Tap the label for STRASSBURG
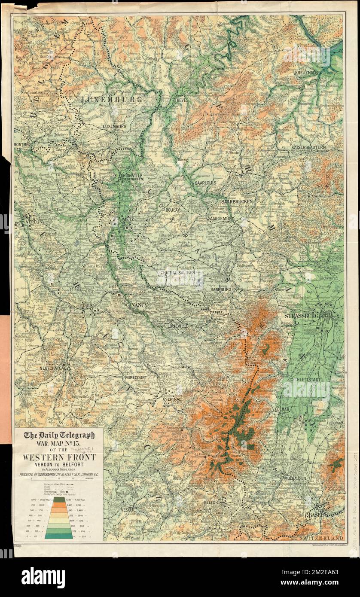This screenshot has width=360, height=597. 300,317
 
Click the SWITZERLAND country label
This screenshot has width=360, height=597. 320,538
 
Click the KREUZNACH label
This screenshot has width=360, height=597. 306,73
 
